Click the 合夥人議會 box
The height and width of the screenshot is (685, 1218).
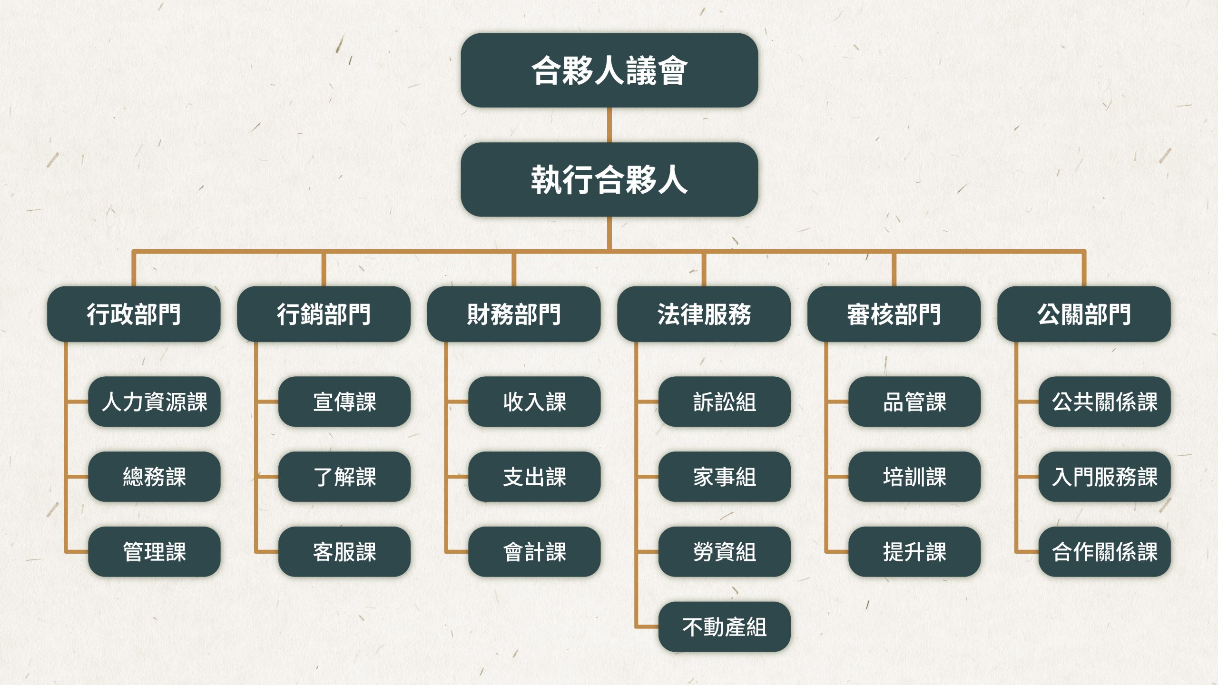coord(609,70)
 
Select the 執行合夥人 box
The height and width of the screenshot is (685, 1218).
coord(609,180)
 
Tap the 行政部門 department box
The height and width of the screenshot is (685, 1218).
coord(134,314)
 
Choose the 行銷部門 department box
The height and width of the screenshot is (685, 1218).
coord(324,314)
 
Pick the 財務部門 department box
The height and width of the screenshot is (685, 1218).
coord(514,314)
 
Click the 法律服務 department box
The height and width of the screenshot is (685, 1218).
coord(704,314)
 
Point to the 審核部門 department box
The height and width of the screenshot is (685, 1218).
coord(894,314)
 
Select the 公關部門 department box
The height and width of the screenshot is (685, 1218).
coord(1084,314)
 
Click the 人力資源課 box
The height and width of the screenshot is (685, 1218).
coord(155,401)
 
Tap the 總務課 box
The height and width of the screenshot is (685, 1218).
coord(155,477)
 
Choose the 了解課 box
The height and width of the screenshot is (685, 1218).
coord(344,477)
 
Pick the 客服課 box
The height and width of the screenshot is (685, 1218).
coord(344,552)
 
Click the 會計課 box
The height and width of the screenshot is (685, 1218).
coord(534,552)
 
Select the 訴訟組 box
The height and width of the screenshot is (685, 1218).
coord(724,401)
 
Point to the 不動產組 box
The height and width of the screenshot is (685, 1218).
coord(724,627)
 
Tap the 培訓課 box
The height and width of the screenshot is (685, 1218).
coord(914,477)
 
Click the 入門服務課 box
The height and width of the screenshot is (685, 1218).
coord(1104,477)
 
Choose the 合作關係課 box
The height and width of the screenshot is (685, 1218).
coord(1104,552)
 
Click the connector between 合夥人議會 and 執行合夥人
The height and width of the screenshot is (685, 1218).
coord(609,125)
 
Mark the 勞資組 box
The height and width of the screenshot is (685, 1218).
coord(724,552)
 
